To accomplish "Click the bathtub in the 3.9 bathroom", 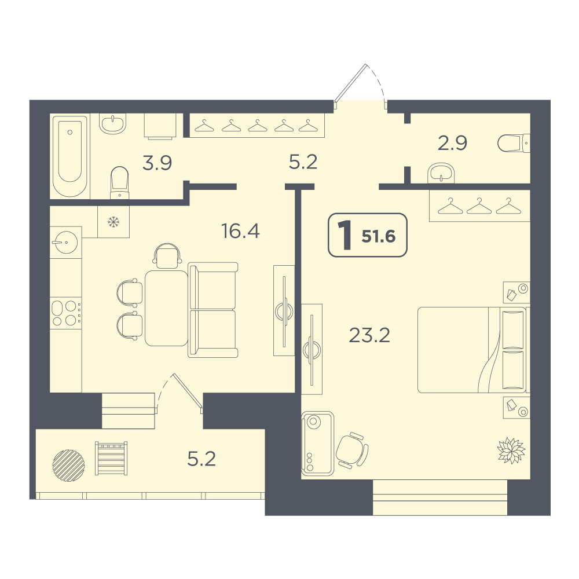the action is [70, 156].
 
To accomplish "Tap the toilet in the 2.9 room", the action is [514, 143].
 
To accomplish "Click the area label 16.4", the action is [240, 231].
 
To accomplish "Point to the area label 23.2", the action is [369, 335].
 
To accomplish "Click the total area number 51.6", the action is [379, 236].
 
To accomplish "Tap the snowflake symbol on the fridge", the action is [113, 222].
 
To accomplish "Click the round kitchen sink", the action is [66, 242].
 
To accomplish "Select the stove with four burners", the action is [66, 313].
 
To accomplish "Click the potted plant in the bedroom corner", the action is [511, 450].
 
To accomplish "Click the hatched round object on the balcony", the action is [69, 466].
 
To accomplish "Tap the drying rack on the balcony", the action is [111, 458].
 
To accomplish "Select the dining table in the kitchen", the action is [167, 309].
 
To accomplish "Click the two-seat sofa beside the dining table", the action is [212, 310].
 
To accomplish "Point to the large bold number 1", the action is [346, 235].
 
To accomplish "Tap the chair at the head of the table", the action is [167, 255].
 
